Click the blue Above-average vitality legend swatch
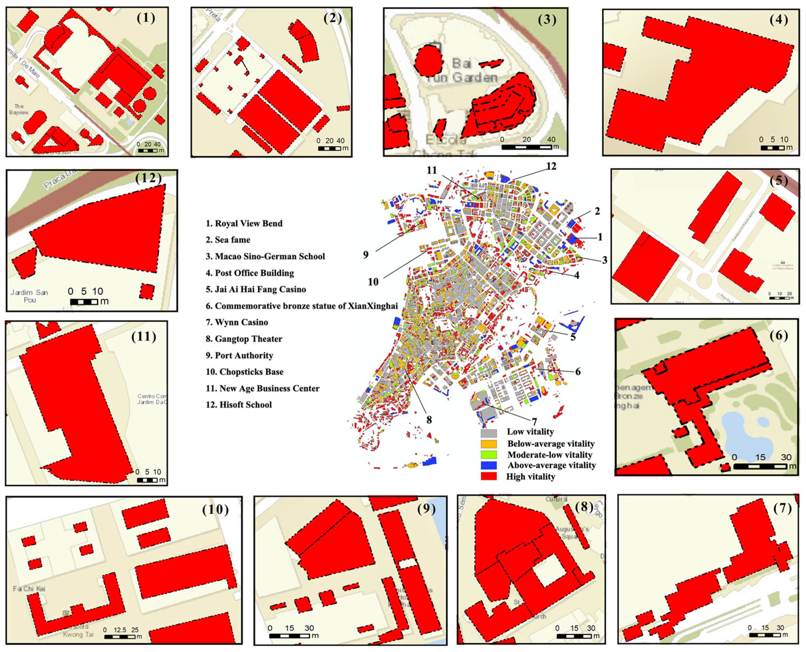coord(488,465)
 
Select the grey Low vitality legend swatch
coord(488,433)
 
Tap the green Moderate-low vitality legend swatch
coord(488,454)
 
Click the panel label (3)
coord(547,19)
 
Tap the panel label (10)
coord(215,509)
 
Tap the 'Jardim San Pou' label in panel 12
coord(29,296)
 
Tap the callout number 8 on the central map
coord(429,419)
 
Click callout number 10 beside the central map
coord(373,282)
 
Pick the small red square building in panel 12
coord(147,291)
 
